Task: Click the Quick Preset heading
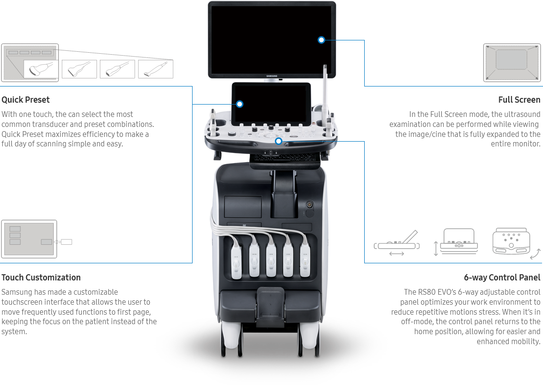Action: point(26,100)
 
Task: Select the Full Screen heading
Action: point(519,100)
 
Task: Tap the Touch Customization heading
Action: point(41,278)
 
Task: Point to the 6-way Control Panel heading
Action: point(502,278)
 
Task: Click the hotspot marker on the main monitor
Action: point(321,40)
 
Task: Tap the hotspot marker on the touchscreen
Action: point(240,104)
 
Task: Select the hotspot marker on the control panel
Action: point(279,141)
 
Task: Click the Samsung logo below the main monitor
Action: point(272,75)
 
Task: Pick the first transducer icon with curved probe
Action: point(41,69)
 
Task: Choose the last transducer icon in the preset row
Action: point(155,69)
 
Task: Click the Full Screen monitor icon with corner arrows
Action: point(512,63)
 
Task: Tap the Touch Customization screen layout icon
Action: point(29,239)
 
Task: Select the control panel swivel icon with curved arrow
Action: point(512,242)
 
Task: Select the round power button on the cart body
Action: point(309,205)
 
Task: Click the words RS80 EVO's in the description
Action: point(435,292)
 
